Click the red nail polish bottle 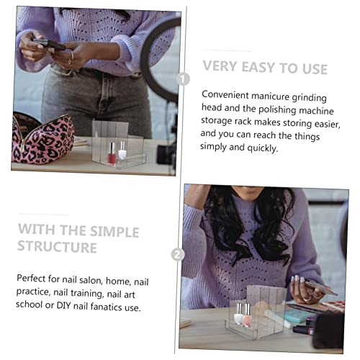point(112,153)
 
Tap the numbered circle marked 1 point(184,78)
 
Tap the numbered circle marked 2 point(178,254)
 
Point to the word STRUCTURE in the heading point(57,246)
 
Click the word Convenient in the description point(225,95)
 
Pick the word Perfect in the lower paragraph point(31,279)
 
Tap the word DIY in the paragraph point(63,305)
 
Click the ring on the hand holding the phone point(72,56)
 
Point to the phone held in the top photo point(50,44)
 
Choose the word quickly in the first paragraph point(263,148)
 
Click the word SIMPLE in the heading point(114,232)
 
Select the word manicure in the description point(271,96)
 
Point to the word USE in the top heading point(315,69)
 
